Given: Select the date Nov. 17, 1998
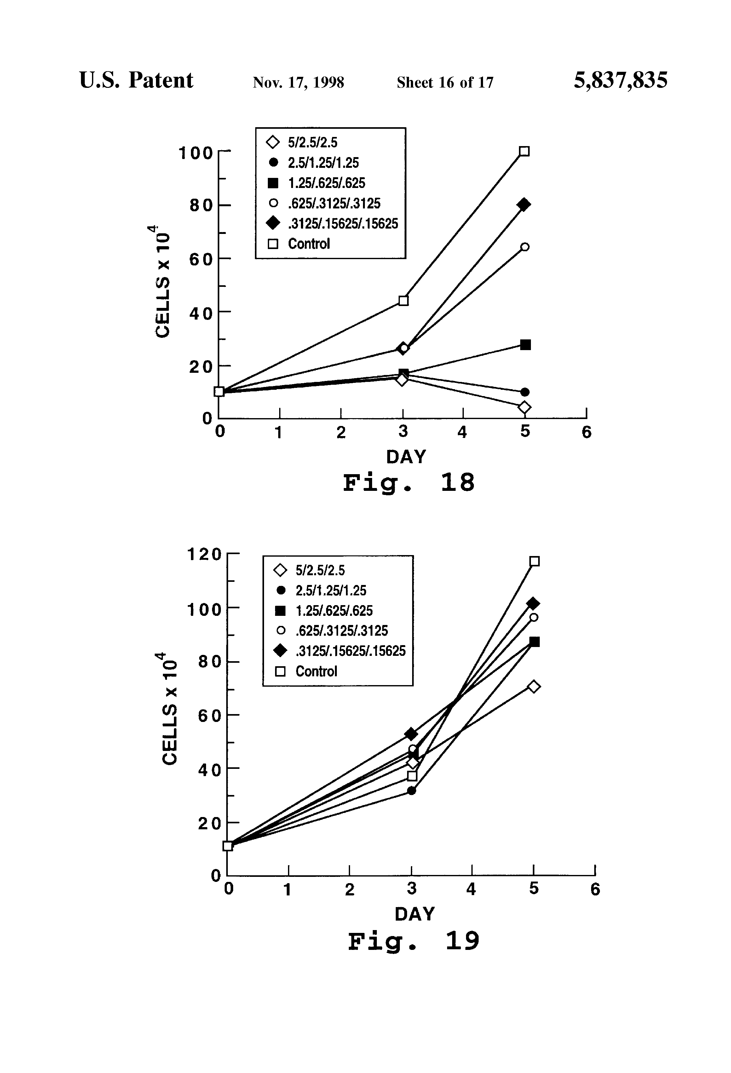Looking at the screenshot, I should (x=298, y=82).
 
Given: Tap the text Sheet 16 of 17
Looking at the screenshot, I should (x=445, y=82).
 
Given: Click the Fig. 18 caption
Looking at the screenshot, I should (x=408, y=483).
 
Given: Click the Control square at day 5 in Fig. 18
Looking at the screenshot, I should (x=524, y=151).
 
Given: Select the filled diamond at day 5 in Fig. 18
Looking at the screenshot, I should (x=524, y=205).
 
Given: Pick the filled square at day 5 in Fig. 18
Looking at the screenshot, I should (x=525, y=345).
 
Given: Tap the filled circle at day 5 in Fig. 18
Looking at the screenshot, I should (x=525, y=392).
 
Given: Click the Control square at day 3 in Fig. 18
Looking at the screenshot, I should (x=403, y=301).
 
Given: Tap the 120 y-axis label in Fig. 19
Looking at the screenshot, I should (x=204, y=554).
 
